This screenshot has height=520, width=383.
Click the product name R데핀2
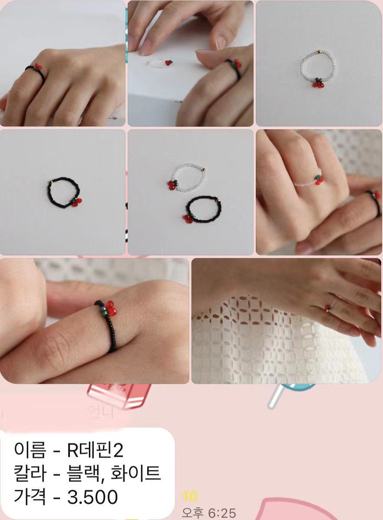95,451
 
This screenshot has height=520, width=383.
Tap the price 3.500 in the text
92,497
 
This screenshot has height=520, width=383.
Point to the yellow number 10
190,496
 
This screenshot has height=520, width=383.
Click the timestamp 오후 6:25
208,513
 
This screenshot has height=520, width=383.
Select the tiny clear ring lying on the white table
159,64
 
